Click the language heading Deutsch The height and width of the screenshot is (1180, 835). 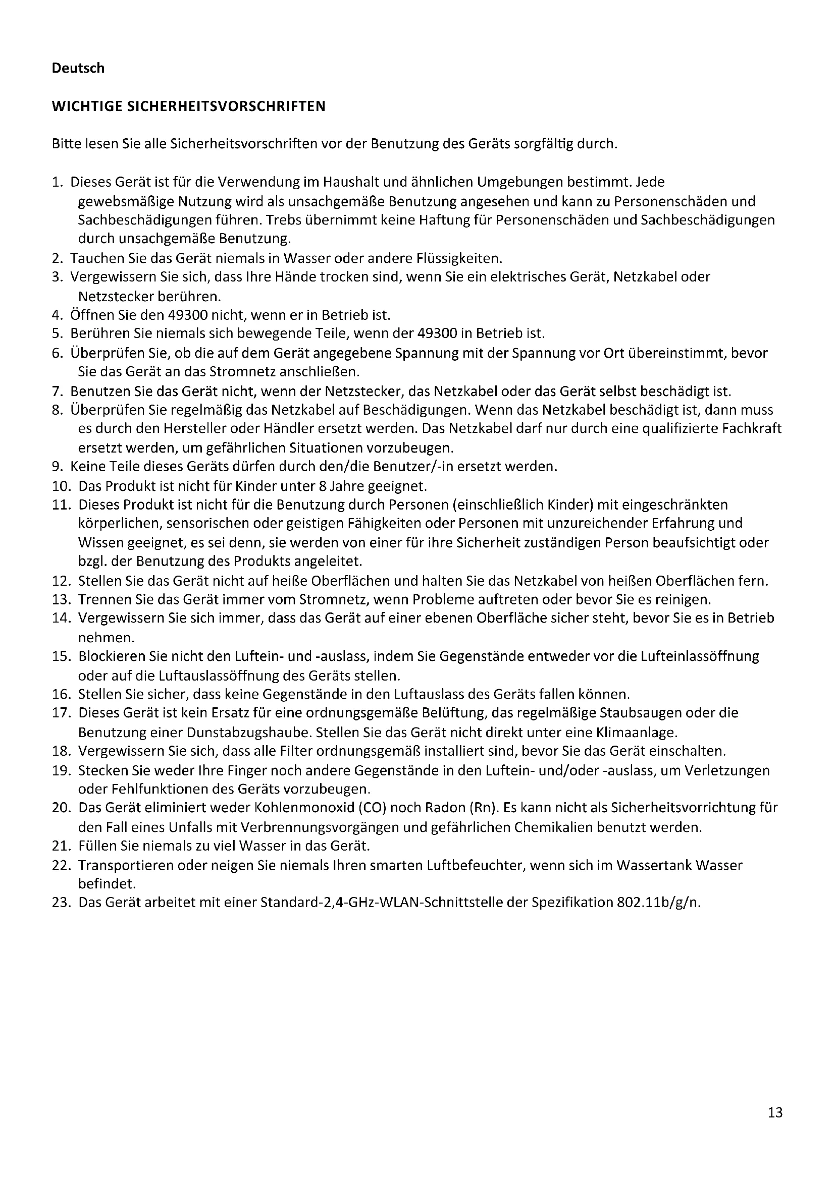(78, 68)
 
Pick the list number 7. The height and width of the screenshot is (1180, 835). (57, 391)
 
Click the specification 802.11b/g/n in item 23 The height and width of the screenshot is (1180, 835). (659, 903)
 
